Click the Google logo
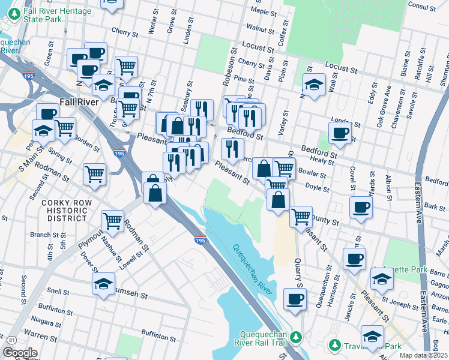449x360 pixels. click(x=19, y=353)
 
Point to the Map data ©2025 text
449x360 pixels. click(x=424, y=355)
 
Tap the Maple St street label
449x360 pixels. click(x=264, y=11)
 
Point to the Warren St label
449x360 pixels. click(x=37, y=332)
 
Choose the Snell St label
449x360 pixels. click(x=58, y=291)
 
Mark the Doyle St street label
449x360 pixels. click(x=316, y=188)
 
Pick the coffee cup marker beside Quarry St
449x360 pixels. click(x=294, y=299)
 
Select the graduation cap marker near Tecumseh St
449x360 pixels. click(x=104, y=283)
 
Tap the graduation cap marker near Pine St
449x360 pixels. click(x=314, y=85)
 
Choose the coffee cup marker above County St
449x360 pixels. click(x=361, y=208)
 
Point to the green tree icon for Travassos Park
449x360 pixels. click(x=335, y=346)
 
